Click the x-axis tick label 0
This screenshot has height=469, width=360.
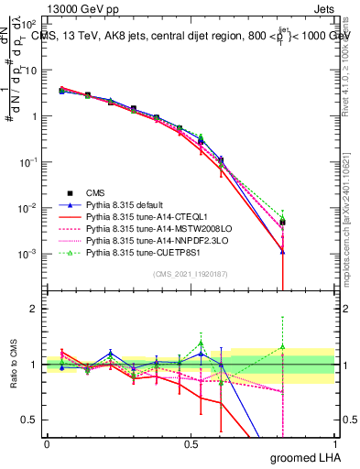[47, 443]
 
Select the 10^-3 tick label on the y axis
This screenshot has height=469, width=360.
[28, 253]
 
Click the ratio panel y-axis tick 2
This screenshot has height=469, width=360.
[34, 310]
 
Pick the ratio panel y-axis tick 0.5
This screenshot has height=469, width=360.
[30, 420]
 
